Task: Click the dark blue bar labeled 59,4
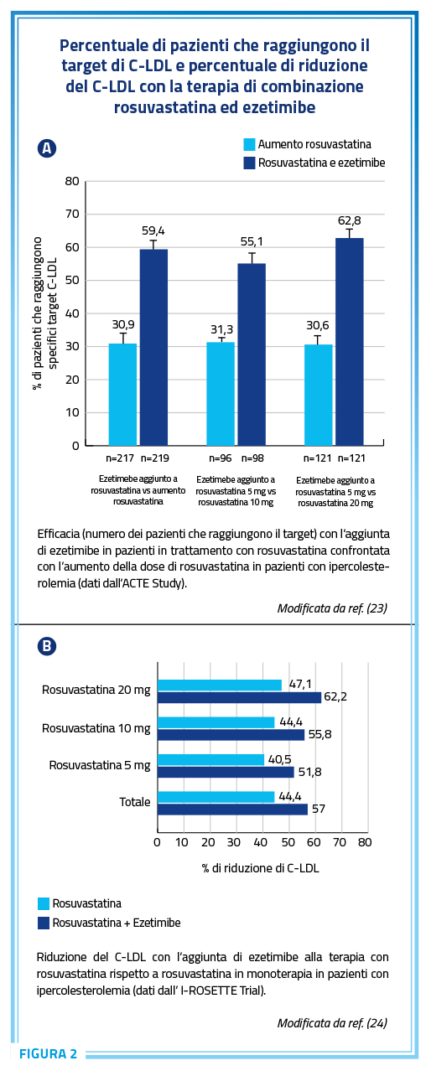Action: [153, 347]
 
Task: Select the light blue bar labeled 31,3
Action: [221, 394]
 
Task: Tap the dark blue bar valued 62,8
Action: [350, 342]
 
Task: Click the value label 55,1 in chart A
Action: [252, 241]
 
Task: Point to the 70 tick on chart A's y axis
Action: [72, 214]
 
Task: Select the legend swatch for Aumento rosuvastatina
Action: [249, 145]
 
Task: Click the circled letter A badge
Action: [47, 148]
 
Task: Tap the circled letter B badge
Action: [47, 646]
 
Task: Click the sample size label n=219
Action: [155, 458]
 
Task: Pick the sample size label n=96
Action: [221, 458]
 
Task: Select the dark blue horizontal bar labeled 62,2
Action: [240, 697]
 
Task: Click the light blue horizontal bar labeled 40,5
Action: [211, 759]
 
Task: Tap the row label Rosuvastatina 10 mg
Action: [96, 728]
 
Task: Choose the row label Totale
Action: [135, 802]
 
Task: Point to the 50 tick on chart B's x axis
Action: [288, 842]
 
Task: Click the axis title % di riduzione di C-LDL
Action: [261, 868]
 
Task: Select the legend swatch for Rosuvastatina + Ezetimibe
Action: [44, 923]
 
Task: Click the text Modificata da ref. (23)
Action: [332, 608]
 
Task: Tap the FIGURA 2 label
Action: [48, 1054]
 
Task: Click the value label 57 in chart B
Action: [319, 809]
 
